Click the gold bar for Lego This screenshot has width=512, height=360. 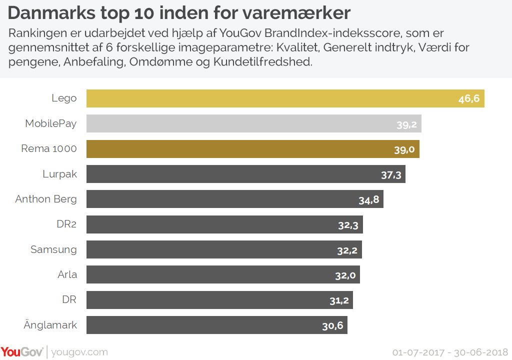[285, 98]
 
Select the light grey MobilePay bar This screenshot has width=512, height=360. [253, 123]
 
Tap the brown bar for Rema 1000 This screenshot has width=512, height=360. [252, 149]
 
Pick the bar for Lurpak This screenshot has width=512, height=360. [245, 174]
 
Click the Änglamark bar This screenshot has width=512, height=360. [216, 325]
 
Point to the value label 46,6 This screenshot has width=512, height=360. [468, 98]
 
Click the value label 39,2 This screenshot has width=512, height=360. [406, 124]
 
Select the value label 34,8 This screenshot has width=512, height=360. [368, 199]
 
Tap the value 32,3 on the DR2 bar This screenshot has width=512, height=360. [348, 225]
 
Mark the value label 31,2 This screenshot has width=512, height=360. [338, 300]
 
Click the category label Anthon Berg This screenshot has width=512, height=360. [46, 199]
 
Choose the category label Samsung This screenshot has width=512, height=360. [53, 249]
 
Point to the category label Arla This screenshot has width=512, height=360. [67, 274]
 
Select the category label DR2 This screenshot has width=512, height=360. [66, 224]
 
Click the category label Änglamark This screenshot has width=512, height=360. [50, 325]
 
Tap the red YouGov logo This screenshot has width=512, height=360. [22, 351]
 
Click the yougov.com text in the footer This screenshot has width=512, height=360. [79, 352]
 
